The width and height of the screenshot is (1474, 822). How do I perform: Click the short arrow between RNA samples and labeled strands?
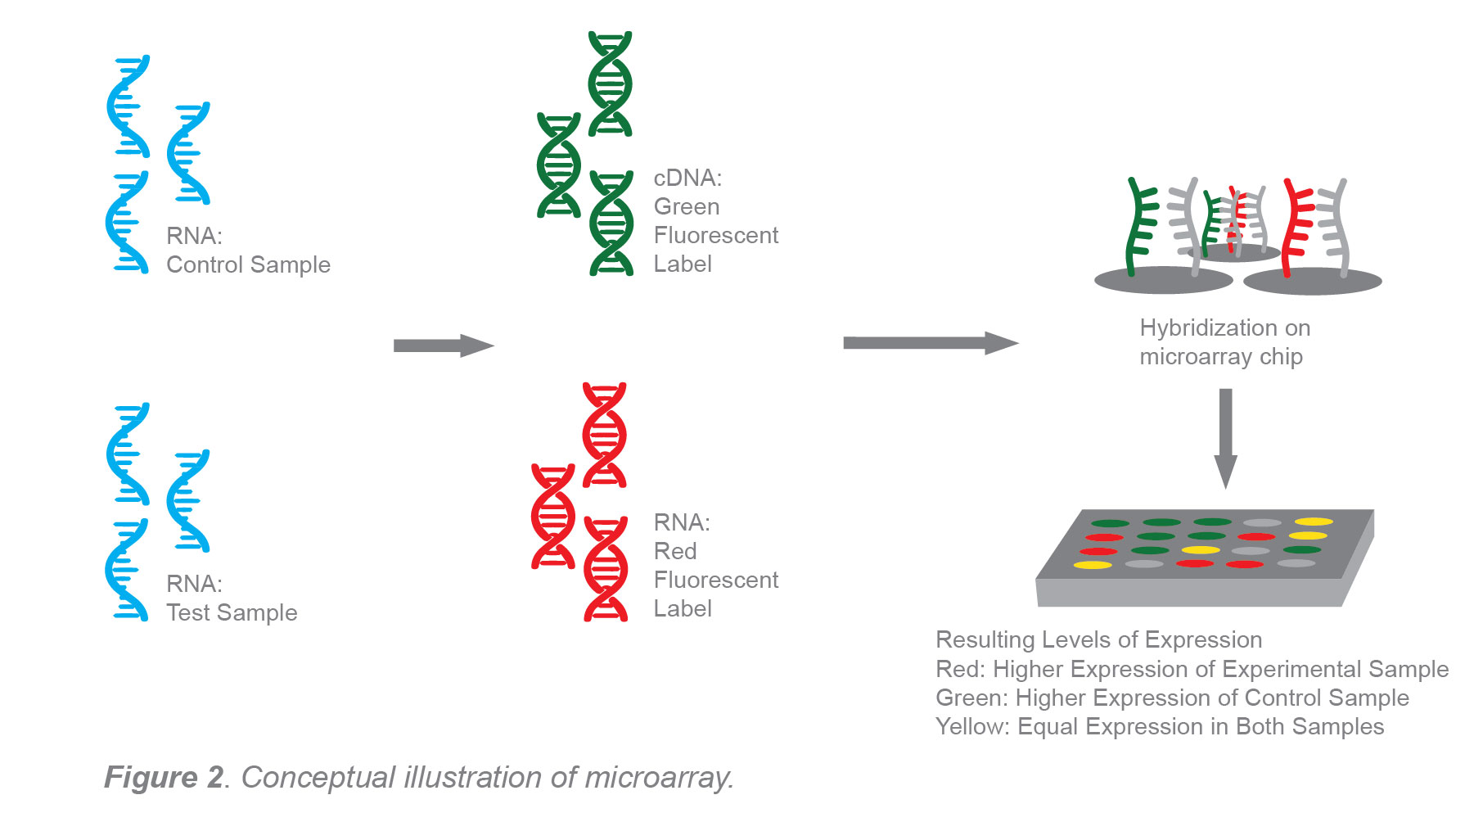point(443,346)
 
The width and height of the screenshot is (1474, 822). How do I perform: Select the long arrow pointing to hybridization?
point(929,343)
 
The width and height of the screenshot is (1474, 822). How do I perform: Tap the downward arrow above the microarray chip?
point(1225,437)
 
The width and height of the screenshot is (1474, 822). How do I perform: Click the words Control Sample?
point(248,264)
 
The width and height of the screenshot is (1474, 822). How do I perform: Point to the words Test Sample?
point(232,612)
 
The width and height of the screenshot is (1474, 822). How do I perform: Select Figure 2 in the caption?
point(164,777)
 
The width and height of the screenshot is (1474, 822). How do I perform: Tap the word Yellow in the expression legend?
point(971,726)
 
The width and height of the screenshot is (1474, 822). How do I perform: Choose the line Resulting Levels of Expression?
point(1098,639)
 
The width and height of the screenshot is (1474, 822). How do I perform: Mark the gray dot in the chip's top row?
point(1261,522)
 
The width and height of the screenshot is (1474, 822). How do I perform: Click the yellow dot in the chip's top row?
point(1314,522)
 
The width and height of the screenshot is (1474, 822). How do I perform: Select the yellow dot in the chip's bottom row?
point(1093,565)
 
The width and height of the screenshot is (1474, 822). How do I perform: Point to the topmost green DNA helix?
point(610,84)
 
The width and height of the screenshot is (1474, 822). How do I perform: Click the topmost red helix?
point(604,434)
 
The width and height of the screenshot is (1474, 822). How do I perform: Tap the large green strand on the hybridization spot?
point(1139,225)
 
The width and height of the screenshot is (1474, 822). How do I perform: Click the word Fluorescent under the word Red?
point(715,580)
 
